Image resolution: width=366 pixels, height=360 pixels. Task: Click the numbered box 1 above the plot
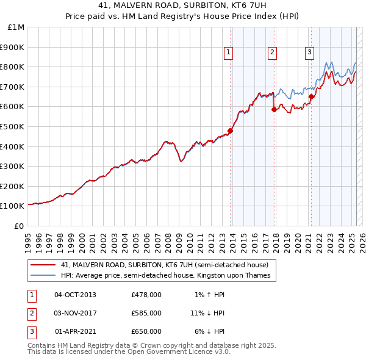pyautogui.click(x=228, y=52)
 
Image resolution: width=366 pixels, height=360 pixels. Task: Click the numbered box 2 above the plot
pyautogui.click(x=271, y=52)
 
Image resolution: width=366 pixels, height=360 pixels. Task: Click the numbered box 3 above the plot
pyautogui.click(x=309, y=52)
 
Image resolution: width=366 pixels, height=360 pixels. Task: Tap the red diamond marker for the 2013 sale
pyautogui.click(x=231, y=131)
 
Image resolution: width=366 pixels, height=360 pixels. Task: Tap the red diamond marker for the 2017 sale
pyautogui.click(x=274, y=109)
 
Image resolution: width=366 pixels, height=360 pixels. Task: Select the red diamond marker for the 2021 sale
pyautogui.click(x=311, y=96)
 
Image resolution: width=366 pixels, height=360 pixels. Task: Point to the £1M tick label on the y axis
pyautogui.click(x=16, y=27)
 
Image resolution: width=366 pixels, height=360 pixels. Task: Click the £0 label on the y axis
pyautogui.click(x=19, y=226)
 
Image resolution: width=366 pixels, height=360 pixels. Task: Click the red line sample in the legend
pyautogui.click(x=42, y=265)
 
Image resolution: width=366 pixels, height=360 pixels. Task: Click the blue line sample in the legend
pyautogui.click(x=42, y=275)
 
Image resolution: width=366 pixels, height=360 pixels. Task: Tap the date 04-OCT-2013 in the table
pyautogui.click(x=75, y=295)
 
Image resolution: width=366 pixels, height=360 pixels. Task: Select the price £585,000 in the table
pyautogui.click(x=146, y=313)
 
